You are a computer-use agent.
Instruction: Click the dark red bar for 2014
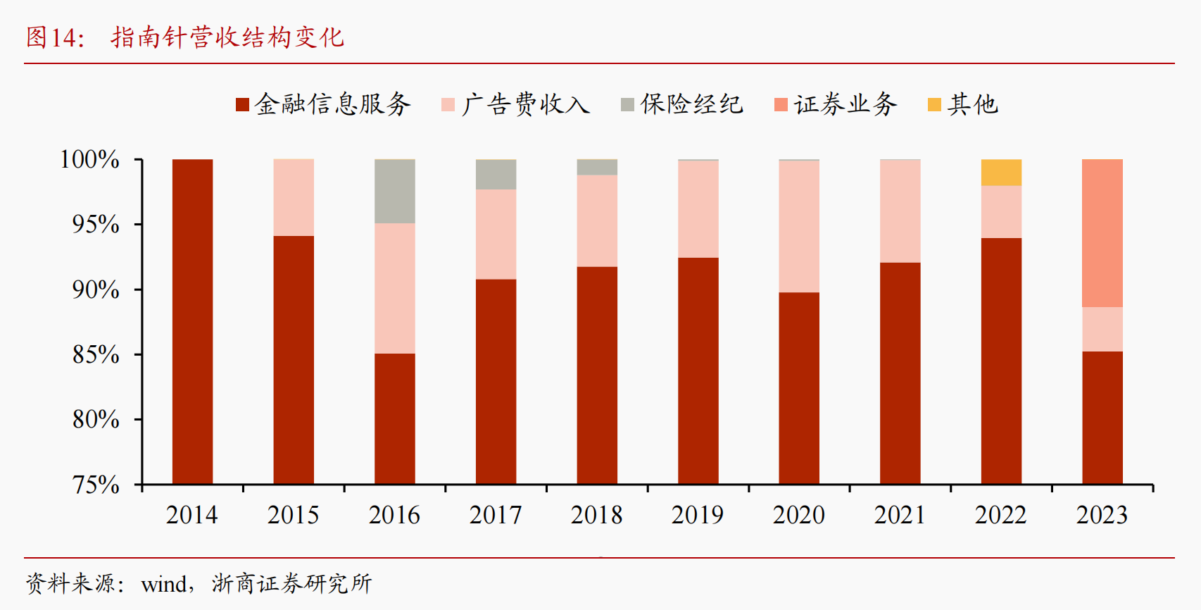point(192,321)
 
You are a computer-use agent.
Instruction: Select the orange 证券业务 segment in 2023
point(1102,233)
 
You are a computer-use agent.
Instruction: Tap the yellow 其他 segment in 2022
point(1001,173)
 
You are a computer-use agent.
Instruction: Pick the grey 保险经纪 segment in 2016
point(394,192)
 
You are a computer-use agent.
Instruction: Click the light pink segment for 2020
point(799,226)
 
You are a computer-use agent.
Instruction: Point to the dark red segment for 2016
point(394,418)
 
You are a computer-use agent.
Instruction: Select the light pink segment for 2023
point(1102,329)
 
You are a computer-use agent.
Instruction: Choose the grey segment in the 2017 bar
point(496,175)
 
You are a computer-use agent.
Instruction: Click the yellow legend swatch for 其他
point(934,105)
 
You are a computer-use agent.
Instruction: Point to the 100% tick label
point(89,159)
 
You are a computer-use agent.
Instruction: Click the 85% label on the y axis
point(96,354)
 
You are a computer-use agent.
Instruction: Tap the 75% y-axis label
point(96,485)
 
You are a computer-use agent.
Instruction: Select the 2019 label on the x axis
point(698,515)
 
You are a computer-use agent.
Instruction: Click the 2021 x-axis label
point(900,515)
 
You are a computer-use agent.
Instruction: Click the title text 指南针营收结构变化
point(227,37)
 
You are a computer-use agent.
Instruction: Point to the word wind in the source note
point(164,584)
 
